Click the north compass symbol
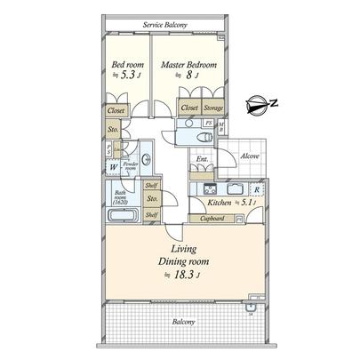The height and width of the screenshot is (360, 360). [x=258, y=105]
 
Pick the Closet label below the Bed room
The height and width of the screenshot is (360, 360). [x=116, y=110]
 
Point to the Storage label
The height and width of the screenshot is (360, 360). [x=213, y=107]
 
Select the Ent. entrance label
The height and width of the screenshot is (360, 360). [x=202, y=160]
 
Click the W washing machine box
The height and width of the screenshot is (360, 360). [x=114, y=167]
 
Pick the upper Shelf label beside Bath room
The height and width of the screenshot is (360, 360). [x=151, y=186]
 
